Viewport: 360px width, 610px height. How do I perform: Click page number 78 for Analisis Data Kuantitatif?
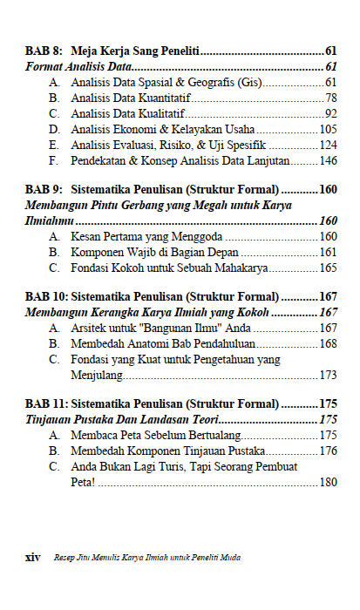[x=330, y=98]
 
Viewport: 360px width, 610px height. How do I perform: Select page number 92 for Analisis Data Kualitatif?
[x=330, y=113]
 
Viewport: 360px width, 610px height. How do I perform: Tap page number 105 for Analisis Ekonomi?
[x=328, y=129]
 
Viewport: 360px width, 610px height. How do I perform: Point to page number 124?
[x=328, y=145]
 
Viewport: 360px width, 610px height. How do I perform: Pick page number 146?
[x=328, y=160]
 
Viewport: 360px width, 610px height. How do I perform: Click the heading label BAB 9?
[x=44, y=189]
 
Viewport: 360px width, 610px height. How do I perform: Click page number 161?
[x=328, y=252]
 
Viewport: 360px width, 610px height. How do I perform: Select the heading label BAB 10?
[x=46, y=296]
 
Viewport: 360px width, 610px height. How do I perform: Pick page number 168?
[x=328, y=343]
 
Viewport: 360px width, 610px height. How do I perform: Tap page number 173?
[x=328, y=375]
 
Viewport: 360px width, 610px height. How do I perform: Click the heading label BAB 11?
[x=46, y=403]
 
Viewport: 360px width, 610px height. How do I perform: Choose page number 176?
[x=328, y=451]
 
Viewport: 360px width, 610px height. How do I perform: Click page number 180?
[x=328, y=482]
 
